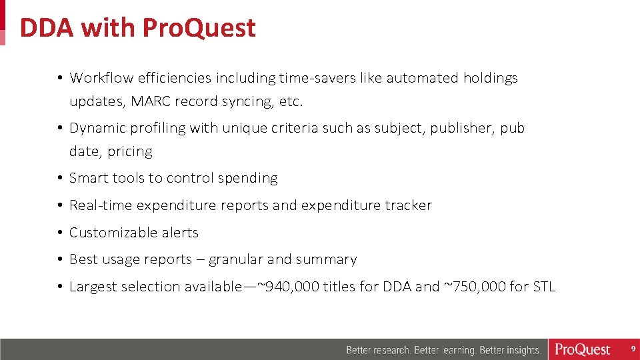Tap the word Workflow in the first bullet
[101, 78]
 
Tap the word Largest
[91, 287]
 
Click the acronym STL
[543, 287]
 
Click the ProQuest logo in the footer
[583, 349]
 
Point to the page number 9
[633, 349]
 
